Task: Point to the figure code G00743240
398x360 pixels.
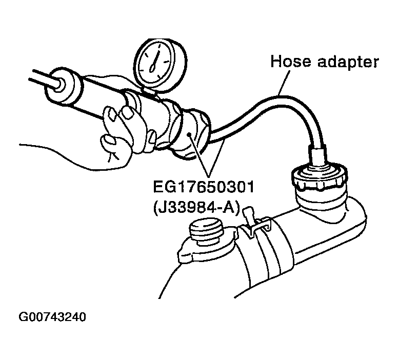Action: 52,317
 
